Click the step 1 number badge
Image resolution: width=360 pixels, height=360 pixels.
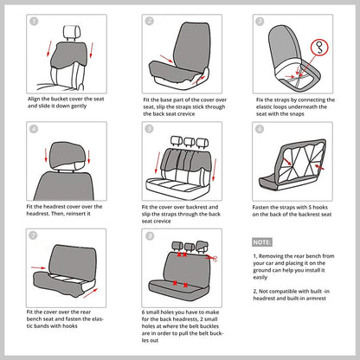click(x=34, y=22)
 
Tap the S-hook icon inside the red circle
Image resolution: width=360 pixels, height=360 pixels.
click(x=319, y=48)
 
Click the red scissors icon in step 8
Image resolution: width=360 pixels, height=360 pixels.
click(x=213, y=258)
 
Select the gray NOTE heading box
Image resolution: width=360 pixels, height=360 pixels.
click(x=262, y=242)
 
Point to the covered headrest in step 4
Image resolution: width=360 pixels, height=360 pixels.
click(x=67, y=155)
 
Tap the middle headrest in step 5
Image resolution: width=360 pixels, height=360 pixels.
click(x=190, y=141)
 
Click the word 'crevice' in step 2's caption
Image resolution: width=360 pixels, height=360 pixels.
click(x=185, y=114)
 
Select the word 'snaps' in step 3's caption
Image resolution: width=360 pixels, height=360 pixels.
click(x=296, y=114)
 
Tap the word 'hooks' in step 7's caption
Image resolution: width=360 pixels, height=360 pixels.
click(x=70, y=326)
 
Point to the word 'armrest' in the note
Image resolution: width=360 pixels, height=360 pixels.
click(x=316, y=299)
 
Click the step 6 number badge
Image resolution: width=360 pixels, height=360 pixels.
click(x=260, y=129)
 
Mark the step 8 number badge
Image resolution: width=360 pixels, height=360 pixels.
click(x=150, y=236)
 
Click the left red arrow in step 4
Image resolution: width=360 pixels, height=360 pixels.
click(x=46, y=155)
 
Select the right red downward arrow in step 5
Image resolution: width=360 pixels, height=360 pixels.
click(x=215, y=170)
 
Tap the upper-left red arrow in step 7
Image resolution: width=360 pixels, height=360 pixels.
click(x=38, y=267)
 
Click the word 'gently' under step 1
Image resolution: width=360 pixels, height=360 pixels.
click(x=79, y=106)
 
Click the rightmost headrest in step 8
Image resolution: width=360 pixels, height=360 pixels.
click(x=202, y=246)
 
